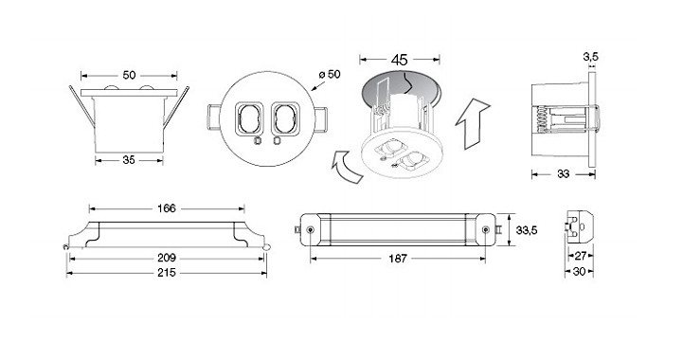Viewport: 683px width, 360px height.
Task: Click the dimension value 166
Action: (167, 208)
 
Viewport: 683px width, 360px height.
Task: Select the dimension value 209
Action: (167, 258)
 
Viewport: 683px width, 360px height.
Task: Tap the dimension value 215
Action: (167, 273)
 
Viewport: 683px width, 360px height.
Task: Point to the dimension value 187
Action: (397, 259)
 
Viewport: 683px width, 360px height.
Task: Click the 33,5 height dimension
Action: (526, 230)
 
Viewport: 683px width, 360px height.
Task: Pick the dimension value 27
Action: (581, 256)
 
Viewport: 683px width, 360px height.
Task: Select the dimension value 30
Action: (579, 272)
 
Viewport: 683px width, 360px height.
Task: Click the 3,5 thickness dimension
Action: (591, 56)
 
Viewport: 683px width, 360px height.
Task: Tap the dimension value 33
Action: (564, 174)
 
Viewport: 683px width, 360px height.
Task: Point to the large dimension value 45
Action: (399, 60)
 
